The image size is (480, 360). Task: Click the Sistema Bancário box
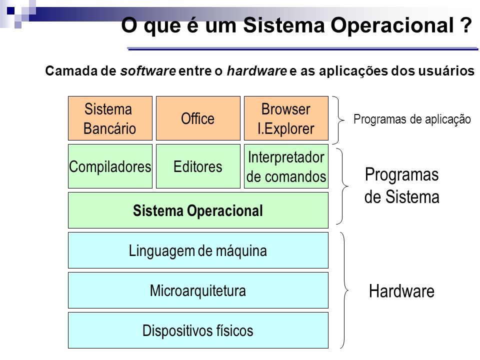[x=110, y=118]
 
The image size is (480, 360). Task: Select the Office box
[x=198, y=118]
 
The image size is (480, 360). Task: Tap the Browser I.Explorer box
[x=286, y=118]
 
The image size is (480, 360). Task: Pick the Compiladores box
[x=110, y=166]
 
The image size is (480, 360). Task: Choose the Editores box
[x=198, y=166]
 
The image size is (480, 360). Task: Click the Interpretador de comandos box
[x=286, y=166]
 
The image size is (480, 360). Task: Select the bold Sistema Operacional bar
[x=198, y=210]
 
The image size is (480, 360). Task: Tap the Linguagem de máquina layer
[x=198, y=250]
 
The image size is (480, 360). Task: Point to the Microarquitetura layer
[x=198, y=290]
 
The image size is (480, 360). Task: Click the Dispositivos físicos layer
[x=198, y=330]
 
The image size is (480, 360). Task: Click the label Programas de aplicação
[x=412, y=119]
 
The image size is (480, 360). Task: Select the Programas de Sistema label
[x=401, y=185]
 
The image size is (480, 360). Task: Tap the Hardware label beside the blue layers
[x=401, y=291]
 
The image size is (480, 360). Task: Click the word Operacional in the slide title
[x=392, y=25]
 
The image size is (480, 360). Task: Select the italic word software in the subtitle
[x=148, y=71]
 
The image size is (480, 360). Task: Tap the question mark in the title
[x=465, y=25]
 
